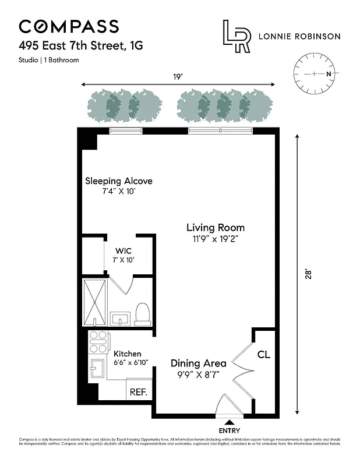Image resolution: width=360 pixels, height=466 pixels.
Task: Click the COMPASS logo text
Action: [69, 26]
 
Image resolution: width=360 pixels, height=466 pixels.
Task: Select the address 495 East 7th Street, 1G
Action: [80, 45]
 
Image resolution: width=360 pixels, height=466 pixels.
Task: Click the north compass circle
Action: [315, 74]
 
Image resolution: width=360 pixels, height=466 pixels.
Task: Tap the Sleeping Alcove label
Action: [119, 181]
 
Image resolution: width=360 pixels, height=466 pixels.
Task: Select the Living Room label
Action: [215, 228]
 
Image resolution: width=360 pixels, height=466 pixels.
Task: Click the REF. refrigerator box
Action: [138, 392]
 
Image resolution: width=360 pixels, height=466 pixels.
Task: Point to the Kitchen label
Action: [127, 354]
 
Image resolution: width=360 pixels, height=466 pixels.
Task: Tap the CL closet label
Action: [263, 354]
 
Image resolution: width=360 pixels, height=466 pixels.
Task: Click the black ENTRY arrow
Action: [230, 421]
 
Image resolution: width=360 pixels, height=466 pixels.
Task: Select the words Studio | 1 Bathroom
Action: [49, 60]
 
